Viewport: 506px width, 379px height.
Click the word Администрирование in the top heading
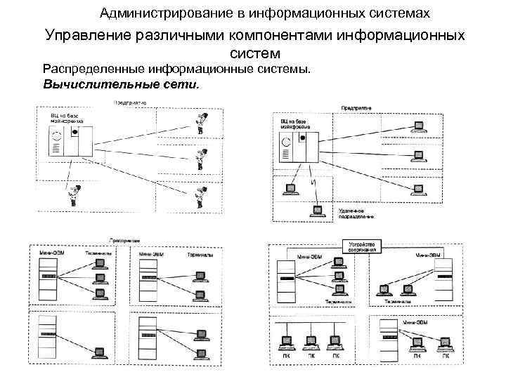point(155,13)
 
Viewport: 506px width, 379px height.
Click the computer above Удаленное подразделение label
point(318,209)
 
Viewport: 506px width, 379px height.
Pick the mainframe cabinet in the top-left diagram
point(70,141)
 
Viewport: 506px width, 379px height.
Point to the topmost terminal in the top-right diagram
point(420,126)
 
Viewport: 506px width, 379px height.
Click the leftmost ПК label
point(285,357)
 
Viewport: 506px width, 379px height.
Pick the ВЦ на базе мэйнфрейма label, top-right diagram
point(290,125)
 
